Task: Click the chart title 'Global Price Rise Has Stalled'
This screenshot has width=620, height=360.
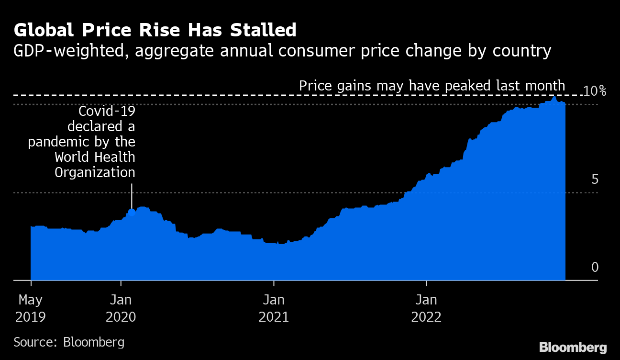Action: pos(155,30)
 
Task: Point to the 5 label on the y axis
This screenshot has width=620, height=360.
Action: pos(595,180)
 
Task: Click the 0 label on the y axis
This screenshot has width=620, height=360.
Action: pos(595,267)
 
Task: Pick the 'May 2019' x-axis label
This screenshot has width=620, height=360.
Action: pos(31,308)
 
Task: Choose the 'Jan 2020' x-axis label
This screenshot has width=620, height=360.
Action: pos(121,308)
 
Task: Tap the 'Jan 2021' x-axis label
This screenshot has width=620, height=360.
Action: pos(274,308)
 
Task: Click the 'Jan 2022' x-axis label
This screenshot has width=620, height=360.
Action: pos(426,308)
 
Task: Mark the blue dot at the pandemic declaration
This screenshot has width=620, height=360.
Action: pos(132,212)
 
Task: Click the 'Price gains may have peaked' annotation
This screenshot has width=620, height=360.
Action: pos(432,86)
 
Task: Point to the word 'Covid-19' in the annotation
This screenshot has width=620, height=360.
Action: pos(107,112)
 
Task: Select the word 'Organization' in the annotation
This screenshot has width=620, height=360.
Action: pos(95,172)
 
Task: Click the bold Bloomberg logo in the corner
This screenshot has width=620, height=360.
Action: pos(573,347)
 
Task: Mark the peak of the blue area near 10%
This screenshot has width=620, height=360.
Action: pos(554,98)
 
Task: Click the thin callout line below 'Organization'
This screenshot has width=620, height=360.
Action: pos(132,194)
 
